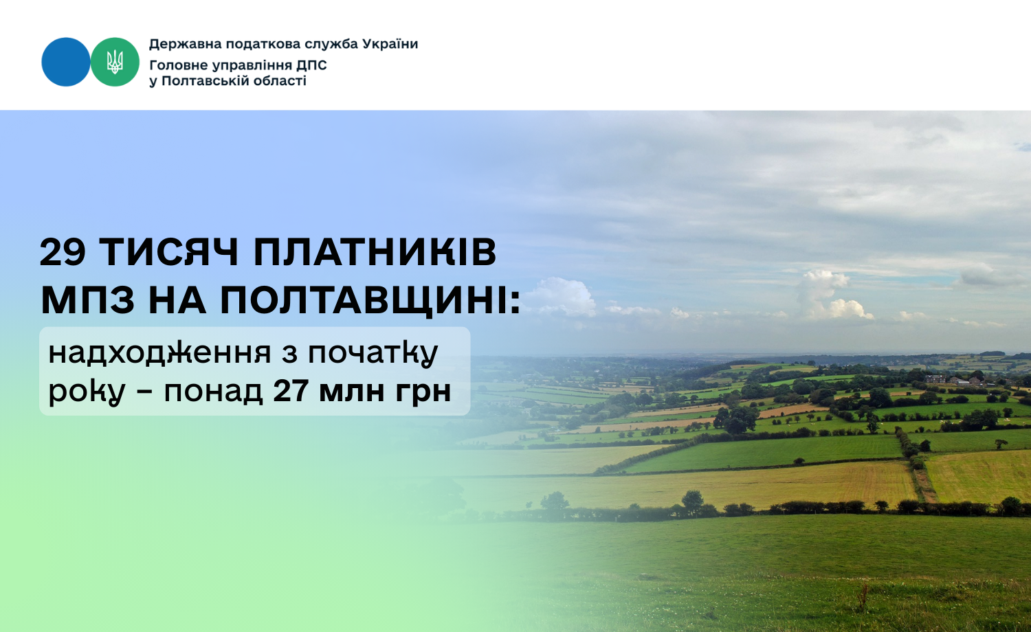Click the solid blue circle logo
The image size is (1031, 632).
pos(66,62)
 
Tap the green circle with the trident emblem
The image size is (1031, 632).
pos(115,62)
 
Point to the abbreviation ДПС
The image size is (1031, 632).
pos(311,65)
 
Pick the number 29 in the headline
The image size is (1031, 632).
pos(63,252)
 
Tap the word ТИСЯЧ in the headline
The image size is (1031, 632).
pos(169,252)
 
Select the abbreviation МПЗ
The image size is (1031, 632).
pos(88,301)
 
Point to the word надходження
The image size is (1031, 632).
pos(159,353)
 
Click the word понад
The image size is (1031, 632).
pos(213,392)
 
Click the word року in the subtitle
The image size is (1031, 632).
pos(87,392)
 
